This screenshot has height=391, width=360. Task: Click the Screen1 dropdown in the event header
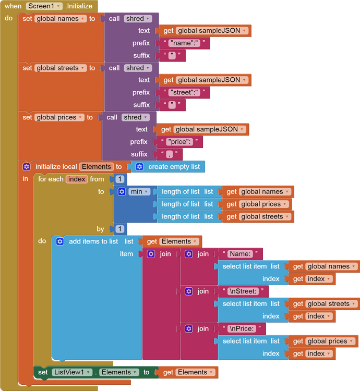click(x=44, y=6)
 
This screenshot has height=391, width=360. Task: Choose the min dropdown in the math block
click(x=139, y=192)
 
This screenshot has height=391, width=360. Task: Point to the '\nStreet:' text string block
click(x=244, y=291)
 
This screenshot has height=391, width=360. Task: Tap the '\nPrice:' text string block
click(x=243, y=329)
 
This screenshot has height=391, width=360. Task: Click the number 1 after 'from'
click(x=120, y=179)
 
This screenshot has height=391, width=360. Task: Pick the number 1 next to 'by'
click(x=120, y=229)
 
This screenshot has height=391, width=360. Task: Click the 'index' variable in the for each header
click(x=77, y=179)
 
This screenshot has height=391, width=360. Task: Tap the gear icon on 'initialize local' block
click(x=27, y=167)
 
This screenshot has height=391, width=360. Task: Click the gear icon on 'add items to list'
click(x=59, y=241)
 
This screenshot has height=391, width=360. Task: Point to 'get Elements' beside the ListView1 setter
click(x=188, y=372)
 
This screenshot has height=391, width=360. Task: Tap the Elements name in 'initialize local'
click(x=97, y=167)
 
